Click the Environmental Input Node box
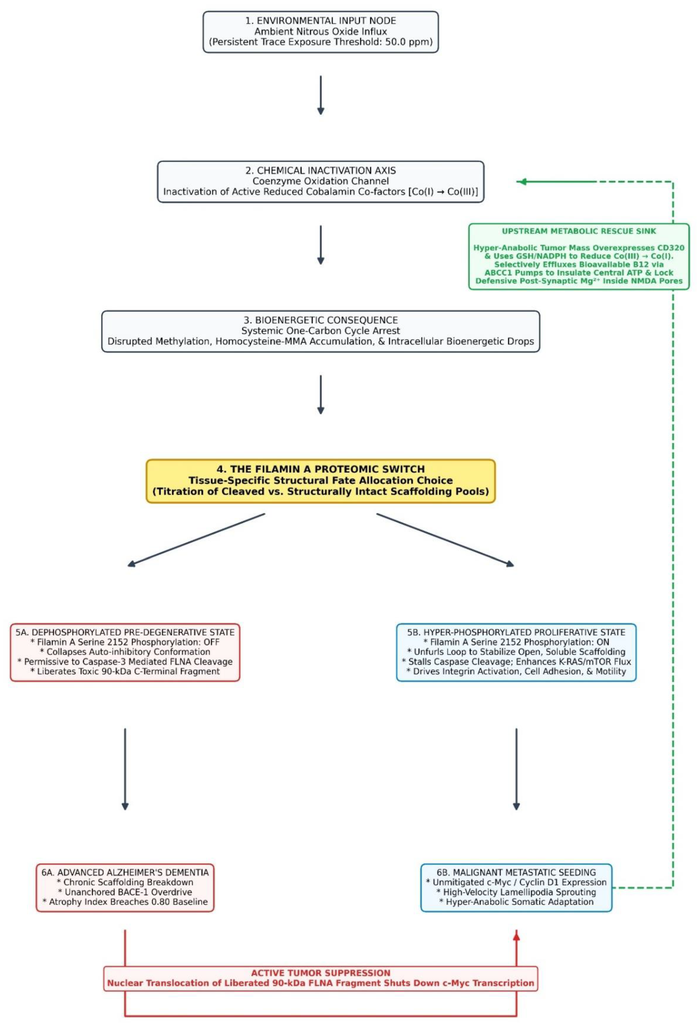pos(321,32)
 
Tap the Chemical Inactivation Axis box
pos(321,181)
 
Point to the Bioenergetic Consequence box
pos(321,331)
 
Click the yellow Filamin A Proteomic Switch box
pos(321,481)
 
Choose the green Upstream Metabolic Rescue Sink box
pos(579,256)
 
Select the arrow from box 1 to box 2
pos(321,95)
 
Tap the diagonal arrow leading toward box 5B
pos(445,540)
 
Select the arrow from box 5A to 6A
pos(125,769)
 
